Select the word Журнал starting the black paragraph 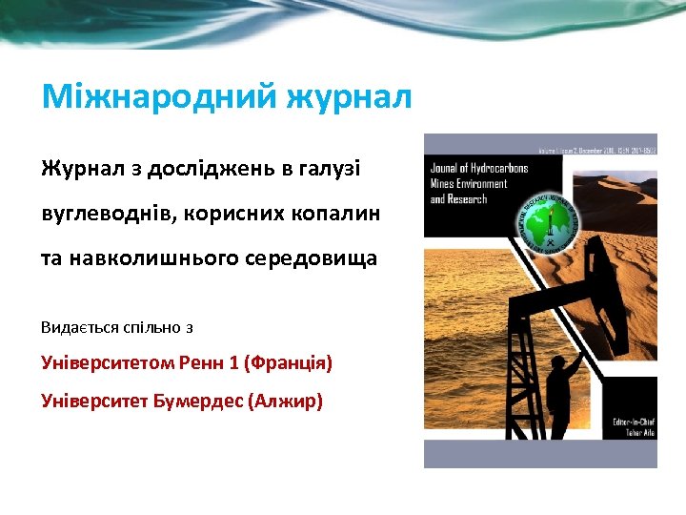pos(81,169)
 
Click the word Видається pos(79,327)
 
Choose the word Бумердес pos(194,401)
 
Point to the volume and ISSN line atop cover pos(596,149)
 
